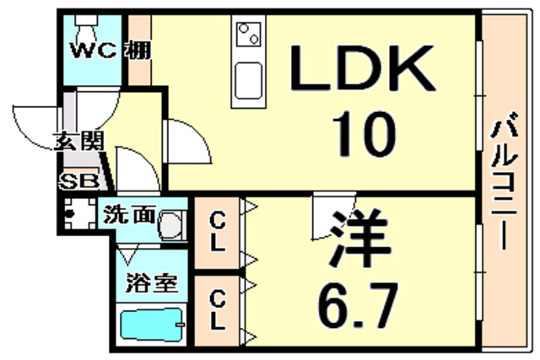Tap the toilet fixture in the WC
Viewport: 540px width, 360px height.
86,23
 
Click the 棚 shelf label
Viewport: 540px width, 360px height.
139,50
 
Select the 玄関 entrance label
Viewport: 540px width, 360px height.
78,141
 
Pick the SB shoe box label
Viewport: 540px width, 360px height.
78,179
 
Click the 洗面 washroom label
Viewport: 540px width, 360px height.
130,213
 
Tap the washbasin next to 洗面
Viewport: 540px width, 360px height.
171,224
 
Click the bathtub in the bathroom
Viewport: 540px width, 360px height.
152,326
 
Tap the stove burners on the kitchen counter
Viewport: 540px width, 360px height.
248,35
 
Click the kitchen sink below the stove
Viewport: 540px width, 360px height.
248,80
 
